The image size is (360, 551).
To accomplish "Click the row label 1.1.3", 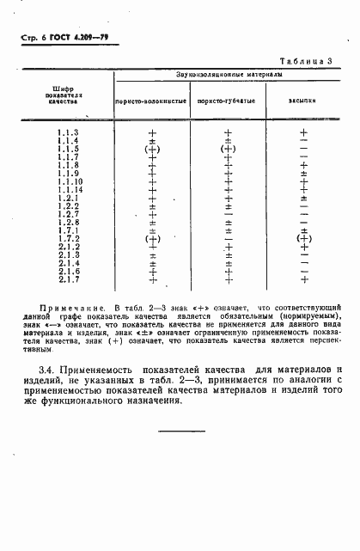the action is coord(68,132).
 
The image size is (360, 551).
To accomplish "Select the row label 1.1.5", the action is coord(68,149).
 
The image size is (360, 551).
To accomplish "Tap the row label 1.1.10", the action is coord(70,181).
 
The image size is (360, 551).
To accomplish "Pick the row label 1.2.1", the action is coord(68,198).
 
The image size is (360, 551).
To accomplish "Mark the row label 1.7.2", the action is coord(68,239).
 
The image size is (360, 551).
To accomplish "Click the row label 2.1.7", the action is coord(68,279).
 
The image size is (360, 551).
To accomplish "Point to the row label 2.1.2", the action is coord(68,247).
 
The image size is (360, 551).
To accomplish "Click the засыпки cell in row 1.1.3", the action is coord(303,132).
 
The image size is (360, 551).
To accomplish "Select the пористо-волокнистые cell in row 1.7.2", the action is coord(153,239).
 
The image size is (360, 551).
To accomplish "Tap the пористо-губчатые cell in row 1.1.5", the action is coord(228,149).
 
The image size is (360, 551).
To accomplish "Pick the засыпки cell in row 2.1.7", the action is coord(303,279).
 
